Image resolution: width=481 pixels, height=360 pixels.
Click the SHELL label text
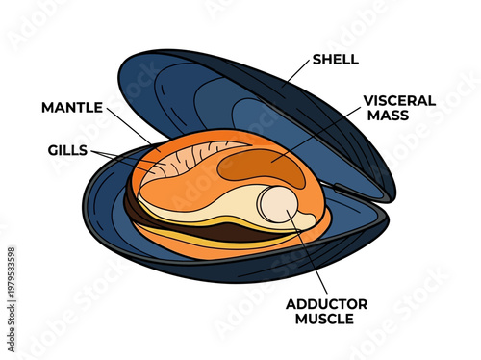[336, 60]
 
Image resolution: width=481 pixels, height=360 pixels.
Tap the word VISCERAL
[398, 99]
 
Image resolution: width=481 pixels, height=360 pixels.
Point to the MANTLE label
[73, 106]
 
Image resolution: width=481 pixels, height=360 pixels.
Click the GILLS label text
[67, 150]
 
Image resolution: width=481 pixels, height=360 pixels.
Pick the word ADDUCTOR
[323, 304]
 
